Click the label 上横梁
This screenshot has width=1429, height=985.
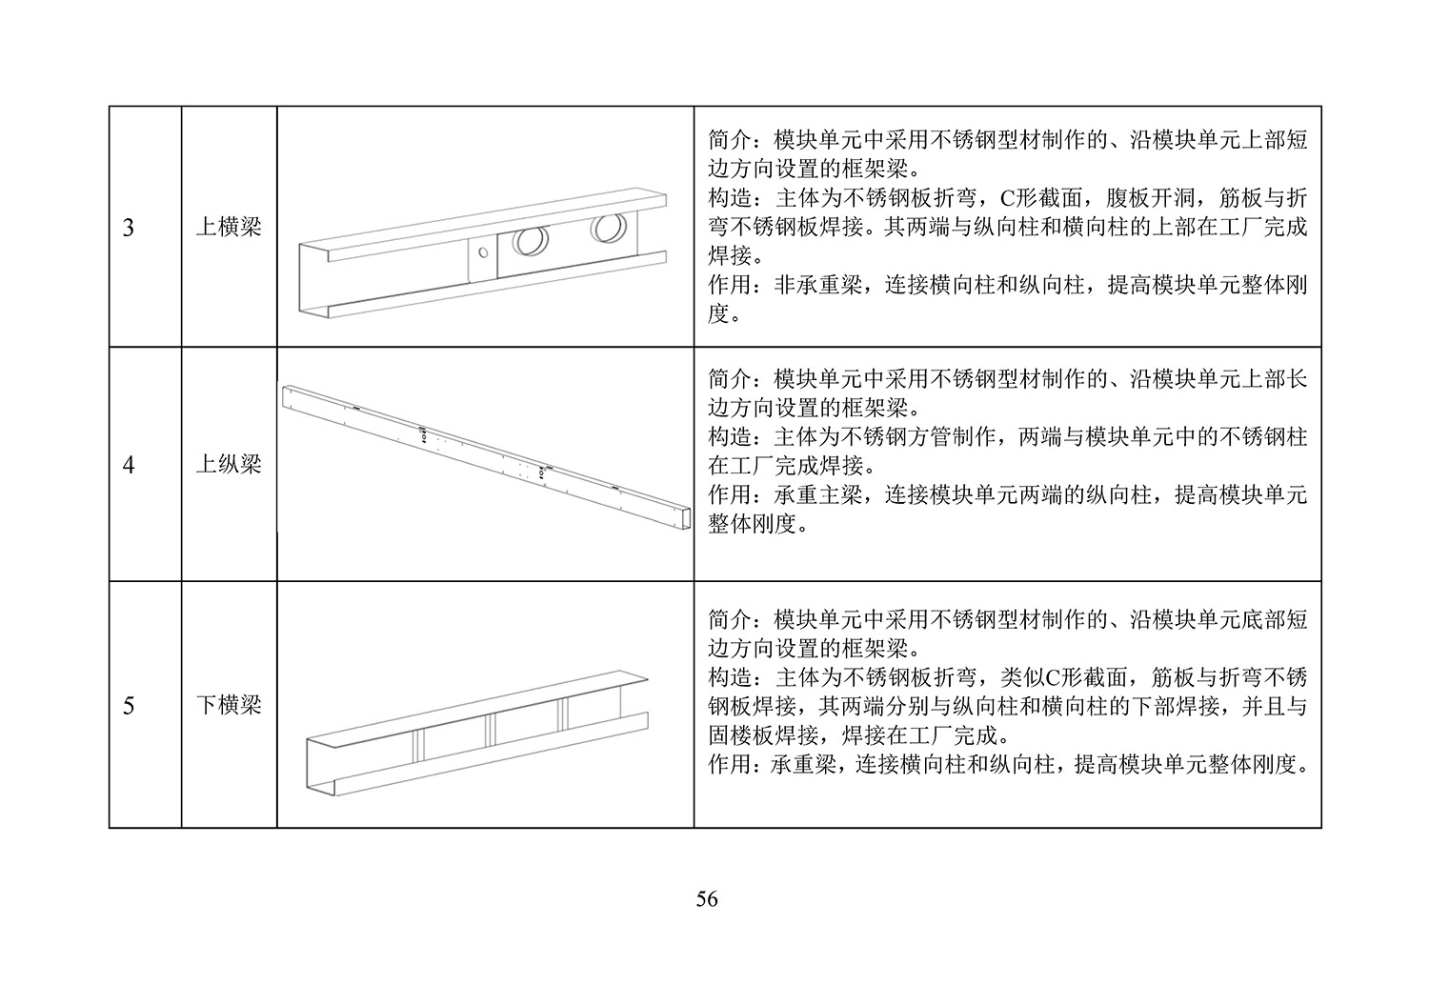229,227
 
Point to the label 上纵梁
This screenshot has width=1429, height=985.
229,465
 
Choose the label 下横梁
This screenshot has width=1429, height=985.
229,705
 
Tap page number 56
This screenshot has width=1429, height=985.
707,899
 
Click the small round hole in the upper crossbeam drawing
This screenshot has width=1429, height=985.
483,252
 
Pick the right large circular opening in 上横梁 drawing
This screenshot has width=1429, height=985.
608,228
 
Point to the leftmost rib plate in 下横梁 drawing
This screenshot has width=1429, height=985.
418,745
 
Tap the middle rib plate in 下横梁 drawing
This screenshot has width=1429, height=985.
490,730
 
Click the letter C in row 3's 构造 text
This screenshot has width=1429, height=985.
1007,199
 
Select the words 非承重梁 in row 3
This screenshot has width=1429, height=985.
817,285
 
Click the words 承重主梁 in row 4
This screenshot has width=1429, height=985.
817,495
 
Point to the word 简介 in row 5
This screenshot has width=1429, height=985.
729,619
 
